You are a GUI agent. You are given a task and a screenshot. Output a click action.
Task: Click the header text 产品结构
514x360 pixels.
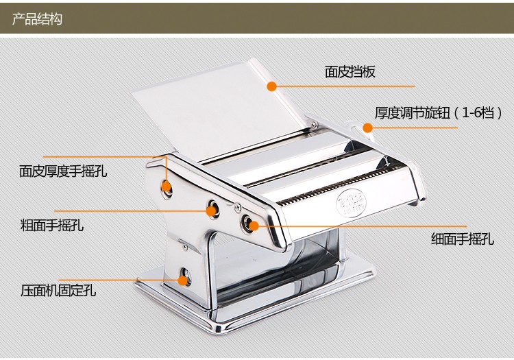coord(37,19)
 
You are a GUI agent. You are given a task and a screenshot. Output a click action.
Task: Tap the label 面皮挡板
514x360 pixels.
coord(350,72)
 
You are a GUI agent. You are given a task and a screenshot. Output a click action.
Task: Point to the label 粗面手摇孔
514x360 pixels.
coord(52,225)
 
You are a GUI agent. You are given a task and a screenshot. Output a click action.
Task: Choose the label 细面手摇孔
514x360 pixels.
coord(462,239)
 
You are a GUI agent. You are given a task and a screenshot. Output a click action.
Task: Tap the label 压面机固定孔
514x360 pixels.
coord(58,290)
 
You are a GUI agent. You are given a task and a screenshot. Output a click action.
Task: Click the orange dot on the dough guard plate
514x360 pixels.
coord(271,86)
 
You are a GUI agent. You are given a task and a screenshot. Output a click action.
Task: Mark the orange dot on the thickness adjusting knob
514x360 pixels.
coord(367,128)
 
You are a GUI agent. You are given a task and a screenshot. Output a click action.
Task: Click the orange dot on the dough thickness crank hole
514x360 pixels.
coord(166,185)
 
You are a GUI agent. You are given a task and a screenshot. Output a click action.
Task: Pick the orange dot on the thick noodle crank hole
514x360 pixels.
coord(212,208)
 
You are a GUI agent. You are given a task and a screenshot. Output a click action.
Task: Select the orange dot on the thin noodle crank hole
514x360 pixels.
coord(254,225)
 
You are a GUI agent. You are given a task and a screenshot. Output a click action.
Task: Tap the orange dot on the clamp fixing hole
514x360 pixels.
coord(183,279)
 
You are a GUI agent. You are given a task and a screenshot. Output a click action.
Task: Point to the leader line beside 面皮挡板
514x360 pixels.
coord(343,86)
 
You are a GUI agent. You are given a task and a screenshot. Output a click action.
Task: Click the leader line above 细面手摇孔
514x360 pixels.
coord(363,225)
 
